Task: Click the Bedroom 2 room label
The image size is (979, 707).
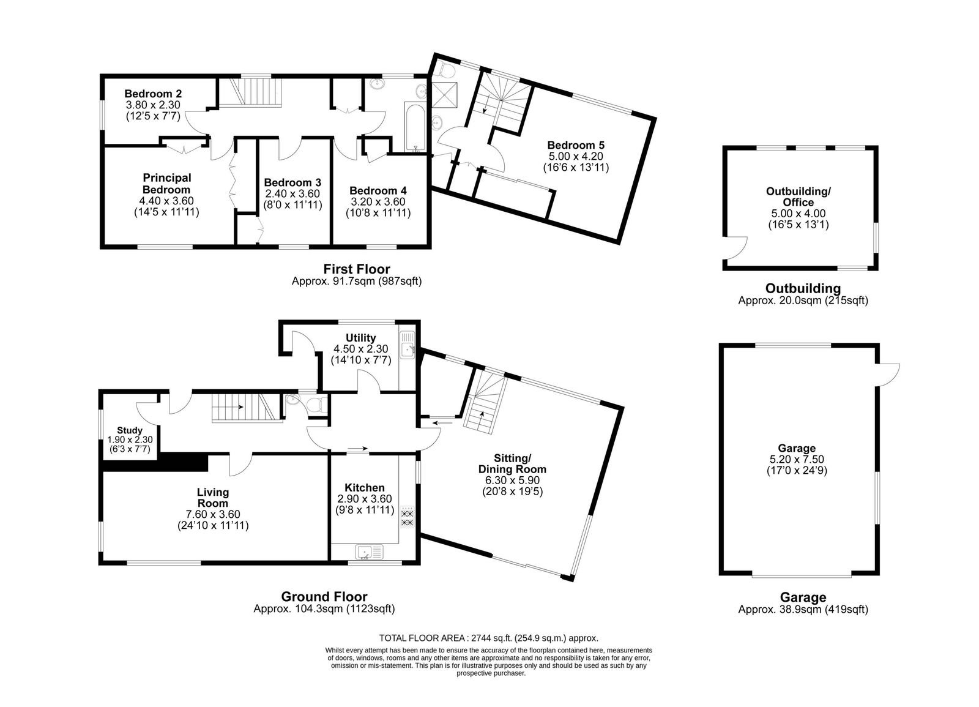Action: click(153, 94)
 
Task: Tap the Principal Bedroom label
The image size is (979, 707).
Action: click(166, 184)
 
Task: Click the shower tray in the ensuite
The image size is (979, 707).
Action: click(444, 94)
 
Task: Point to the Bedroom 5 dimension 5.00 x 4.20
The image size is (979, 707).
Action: click(576, 156)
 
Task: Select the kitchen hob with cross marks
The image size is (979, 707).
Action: click(408, 518)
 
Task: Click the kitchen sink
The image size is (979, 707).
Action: click(370, 552)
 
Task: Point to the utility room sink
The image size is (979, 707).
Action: click(408, 345)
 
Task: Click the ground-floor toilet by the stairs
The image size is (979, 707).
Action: click(316, 405)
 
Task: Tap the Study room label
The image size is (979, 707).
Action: click(130, 430)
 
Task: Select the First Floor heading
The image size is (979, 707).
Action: click(357, 269)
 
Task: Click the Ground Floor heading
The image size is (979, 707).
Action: click(324, 596)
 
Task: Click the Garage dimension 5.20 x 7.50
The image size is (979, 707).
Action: click(797, 459)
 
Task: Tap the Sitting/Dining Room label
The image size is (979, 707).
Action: click(512, 463)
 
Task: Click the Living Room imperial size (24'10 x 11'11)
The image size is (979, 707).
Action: click(214, 525)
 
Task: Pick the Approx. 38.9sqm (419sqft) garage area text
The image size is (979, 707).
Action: click(803, 609)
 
